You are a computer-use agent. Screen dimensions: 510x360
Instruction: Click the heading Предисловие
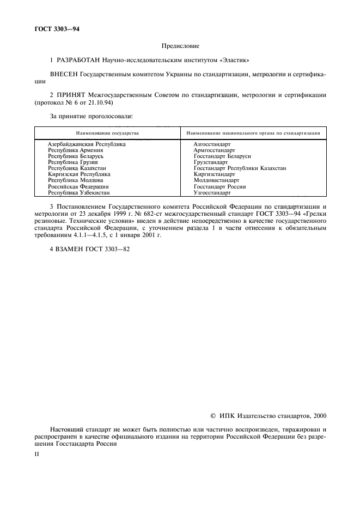click(x=180, y=46)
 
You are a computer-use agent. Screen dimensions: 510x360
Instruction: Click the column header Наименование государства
click(x=107, y=133)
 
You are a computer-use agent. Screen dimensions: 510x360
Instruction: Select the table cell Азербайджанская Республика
click(x=87, y=144)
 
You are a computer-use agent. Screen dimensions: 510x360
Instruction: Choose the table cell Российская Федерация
click(x=78, y=186)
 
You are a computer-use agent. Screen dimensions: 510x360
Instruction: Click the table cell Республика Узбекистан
click(x=79, y=192)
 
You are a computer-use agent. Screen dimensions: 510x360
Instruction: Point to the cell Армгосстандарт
click(x=215, y=150)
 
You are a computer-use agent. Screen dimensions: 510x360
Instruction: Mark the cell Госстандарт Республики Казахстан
click(x=240, y=168)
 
